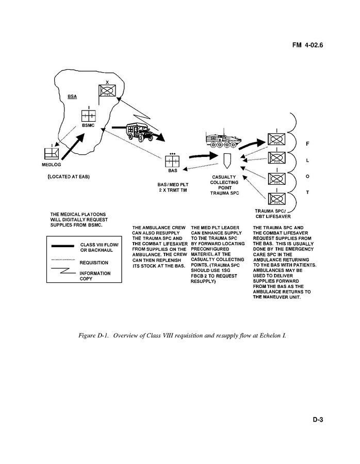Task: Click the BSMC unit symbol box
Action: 89,116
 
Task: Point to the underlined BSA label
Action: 74,97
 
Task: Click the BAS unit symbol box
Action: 173,160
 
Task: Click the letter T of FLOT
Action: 307,193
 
